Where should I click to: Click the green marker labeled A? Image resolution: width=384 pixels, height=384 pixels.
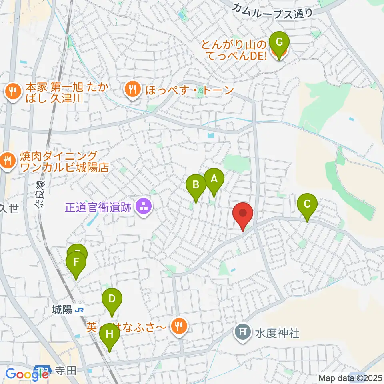(x=214, y=179)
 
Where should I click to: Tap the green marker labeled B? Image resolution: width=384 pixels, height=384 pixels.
(x=196, y=185)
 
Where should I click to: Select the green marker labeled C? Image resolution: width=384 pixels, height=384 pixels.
(x=307, y=204)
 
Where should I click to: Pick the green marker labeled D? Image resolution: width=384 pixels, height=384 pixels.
(x=112, y=299)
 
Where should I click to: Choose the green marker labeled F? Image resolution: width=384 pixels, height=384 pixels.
(x=76, y=264)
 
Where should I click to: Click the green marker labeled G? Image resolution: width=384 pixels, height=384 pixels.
(x=279, y=42)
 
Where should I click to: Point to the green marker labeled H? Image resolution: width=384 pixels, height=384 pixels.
(x=110, y=333)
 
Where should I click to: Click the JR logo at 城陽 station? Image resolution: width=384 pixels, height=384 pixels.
(x=80, y=310)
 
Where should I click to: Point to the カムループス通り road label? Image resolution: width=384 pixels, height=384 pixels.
(x=272, y=9)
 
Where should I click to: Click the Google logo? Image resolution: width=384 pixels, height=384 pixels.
(x=22, y=374)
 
